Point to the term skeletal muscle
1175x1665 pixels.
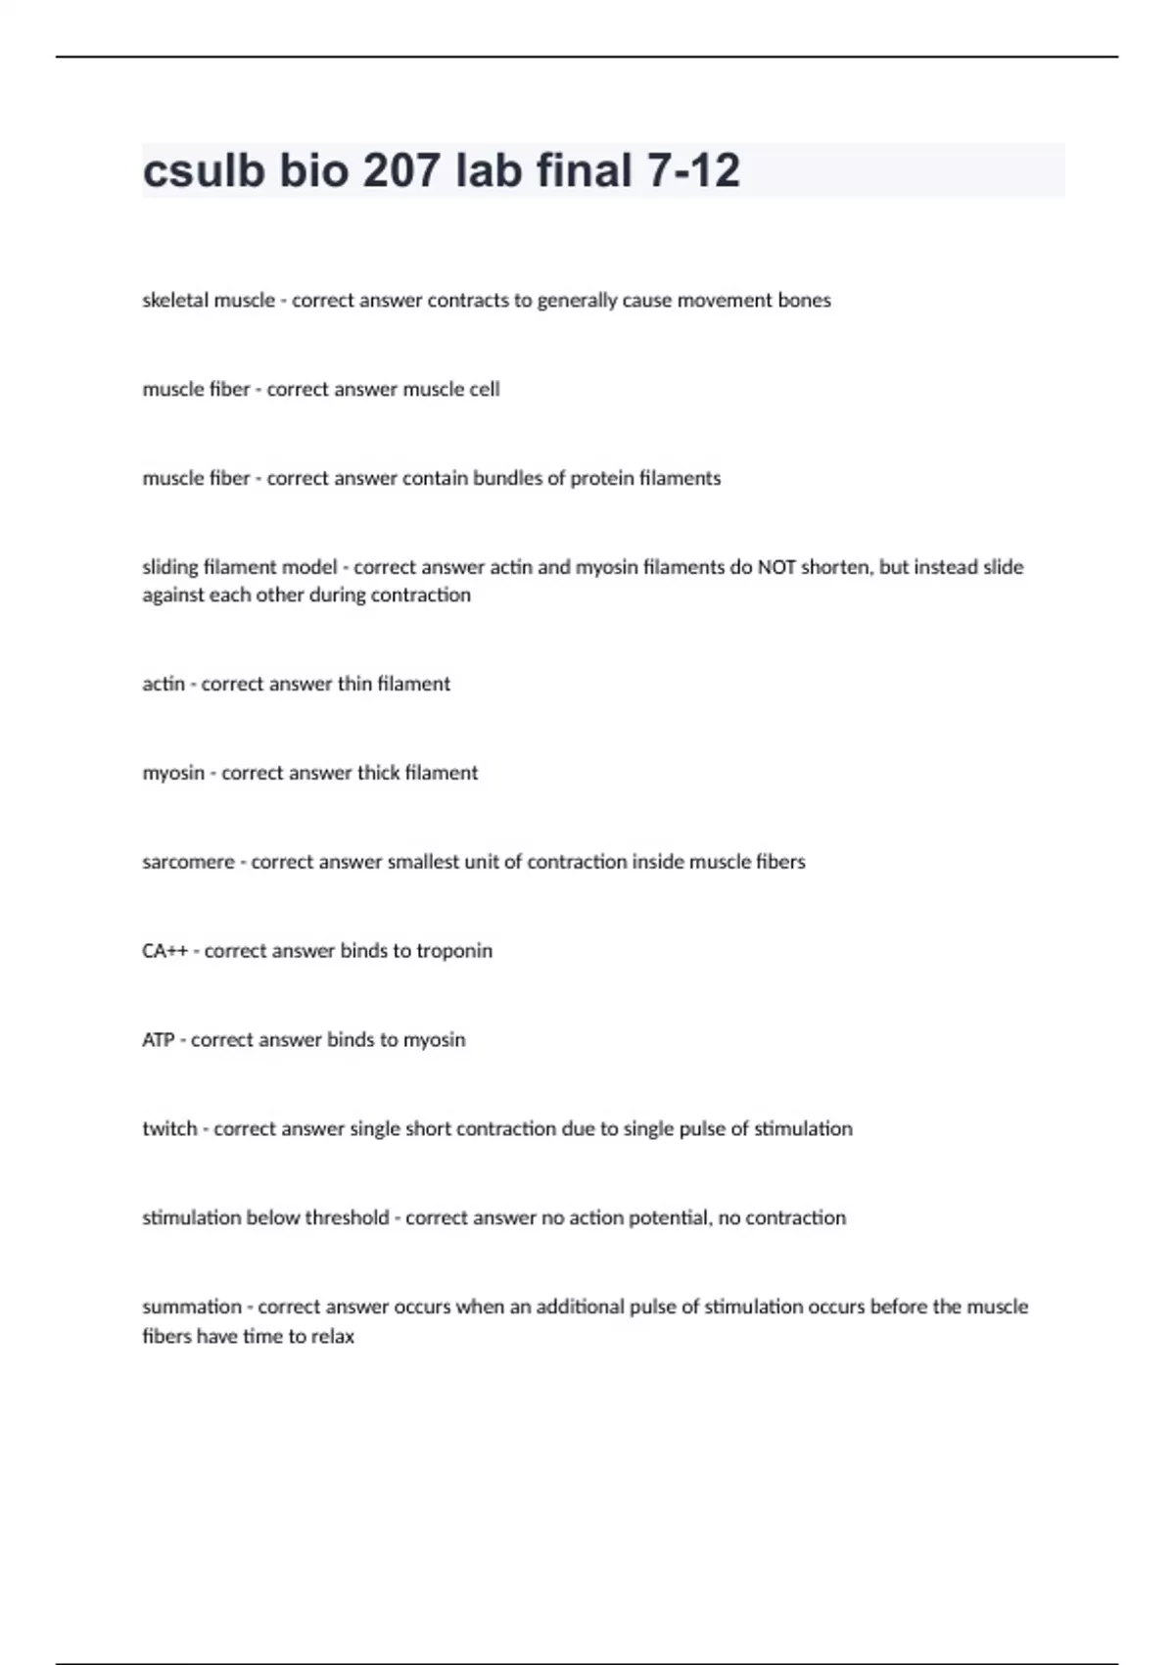click(x=209, y=301)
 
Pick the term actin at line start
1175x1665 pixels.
click(x=164, y=684)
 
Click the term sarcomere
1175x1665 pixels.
click(x=188, y=862)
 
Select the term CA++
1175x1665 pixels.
click(x=164, y=951)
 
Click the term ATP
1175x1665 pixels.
click(x=158, y=1040)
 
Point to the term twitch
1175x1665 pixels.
click(x=169, y=1129)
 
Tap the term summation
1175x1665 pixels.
click(x=192, y=1307)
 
